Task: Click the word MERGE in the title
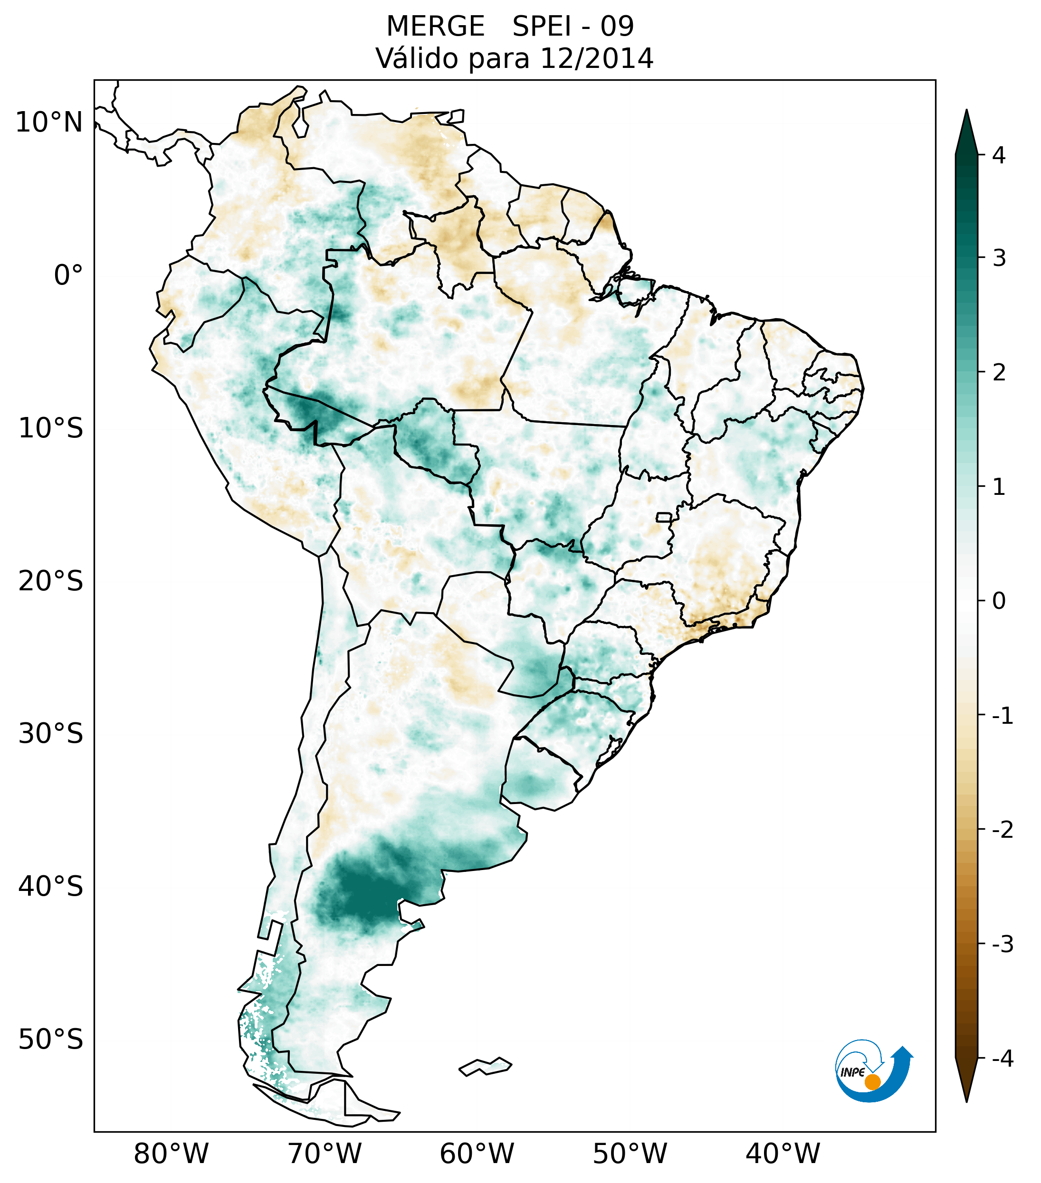(435, 27)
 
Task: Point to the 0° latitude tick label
(68, 275)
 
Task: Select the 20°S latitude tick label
(51, 581)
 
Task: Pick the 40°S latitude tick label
(51, 887)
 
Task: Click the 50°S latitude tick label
(51, 1040)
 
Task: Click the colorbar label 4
(999, 155)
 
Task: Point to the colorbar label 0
(999, 601)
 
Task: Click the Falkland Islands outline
(485, 1066)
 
